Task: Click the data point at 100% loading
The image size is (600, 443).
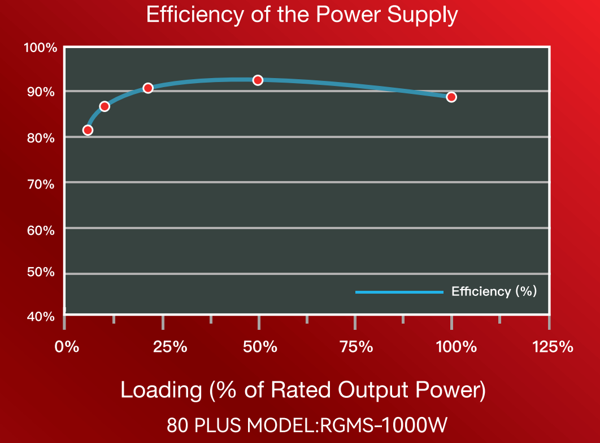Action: [x=451, y=97]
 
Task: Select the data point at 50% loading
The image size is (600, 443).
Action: [x=258, y=80]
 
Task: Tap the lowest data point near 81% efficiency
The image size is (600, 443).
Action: [x=88, y=130]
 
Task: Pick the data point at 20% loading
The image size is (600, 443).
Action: [x=148, y=88]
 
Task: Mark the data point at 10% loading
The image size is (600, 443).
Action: [x=105, y=106]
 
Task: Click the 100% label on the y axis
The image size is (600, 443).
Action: [x=41, y=48]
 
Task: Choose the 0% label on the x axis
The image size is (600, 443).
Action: [x=67, y=347]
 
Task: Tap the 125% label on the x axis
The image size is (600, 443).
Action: [x=553, y=347]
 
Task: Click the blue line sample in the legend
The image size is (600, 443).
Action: [x=399, y=292]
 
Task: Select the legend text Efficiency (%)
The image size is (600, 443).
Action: [x=494, y=292]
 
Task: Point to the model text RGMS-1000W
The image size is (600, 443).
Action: [x=385, y=424]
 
